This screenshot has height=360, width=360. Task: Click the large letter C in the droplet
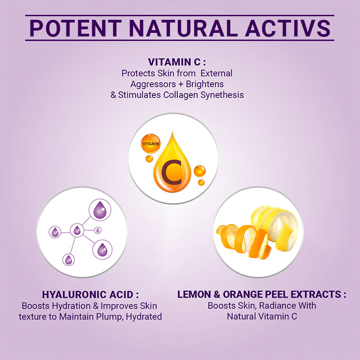point(172,174)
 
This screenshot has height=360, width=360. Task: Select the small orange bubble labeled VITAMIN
point(151,144)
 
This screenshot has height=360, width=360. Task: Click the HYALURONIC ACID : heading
point(90,294)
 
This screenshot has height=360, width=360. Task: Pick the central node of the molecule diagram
point(77,231)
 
